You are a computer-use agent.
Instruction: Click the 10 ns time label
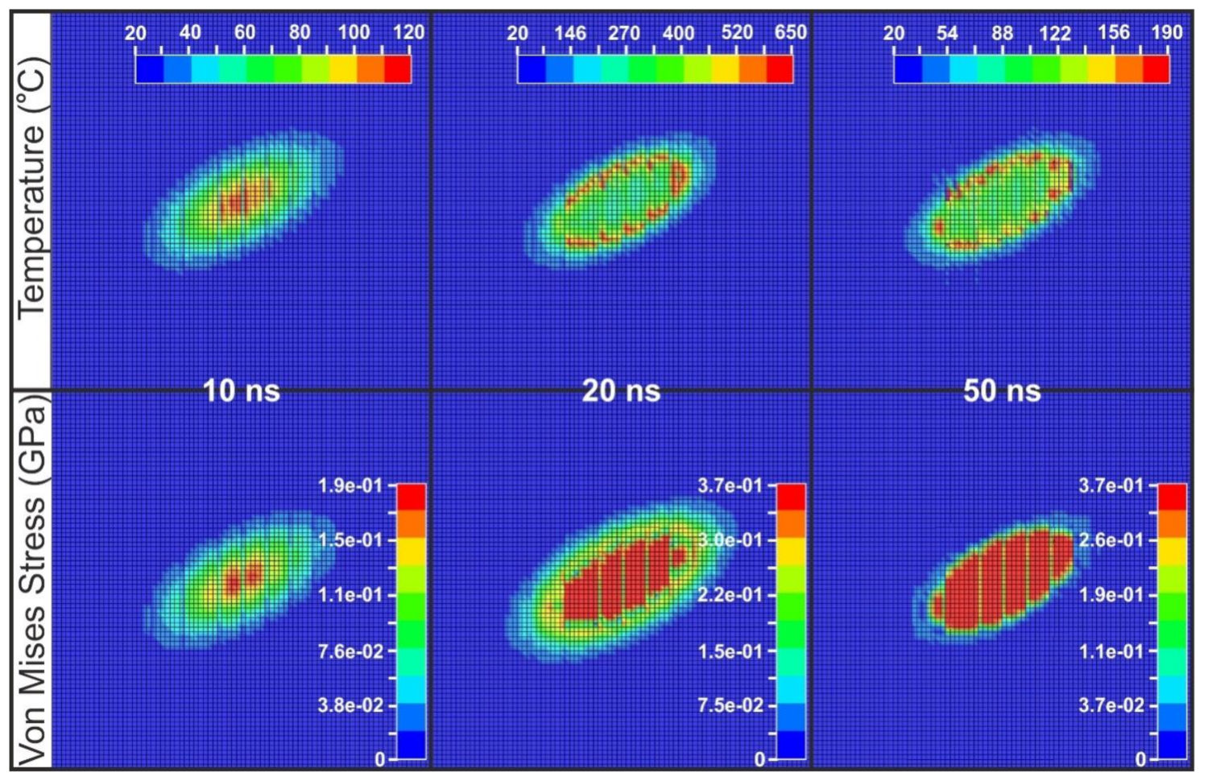[241, 391]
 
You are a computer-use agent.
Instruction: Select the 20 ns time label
[621, 391]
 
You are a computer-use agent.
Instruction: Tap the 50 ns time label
[1002, 391]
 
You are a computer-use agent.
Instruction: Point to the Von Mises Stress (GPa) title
[32, 580]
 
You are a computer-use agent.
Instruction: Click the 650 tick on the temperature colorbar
[790, 32]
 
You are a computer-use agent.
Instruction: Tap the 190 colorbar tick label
[1167, 32]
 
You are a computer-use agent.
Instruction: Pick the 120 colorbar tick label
[409, 32]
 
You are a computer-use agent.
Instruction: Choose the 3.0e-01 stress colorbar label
[730, 539]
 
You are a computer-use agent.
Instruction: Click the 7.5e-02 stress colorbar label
[730, 705]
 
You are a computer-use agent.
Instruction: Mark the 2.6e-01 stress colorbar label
[1111, 539]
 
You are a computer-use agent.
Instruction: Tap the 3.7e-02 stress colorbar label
[1111, 705]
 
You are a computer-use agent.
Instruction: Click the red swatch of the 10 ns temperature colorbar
[398, 69]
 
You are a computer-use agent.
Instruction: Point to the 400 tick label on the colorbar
[678, 33]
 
